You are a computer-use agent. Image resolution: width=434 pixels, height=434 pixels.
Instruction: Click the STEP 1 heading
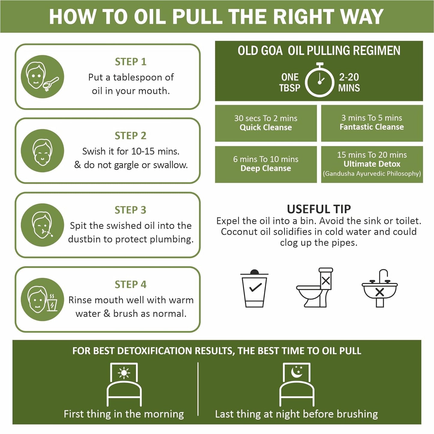tap(131, 62)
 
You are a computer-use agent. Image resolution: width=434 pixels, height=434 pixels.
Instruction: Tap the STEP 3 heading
tap(130, 210)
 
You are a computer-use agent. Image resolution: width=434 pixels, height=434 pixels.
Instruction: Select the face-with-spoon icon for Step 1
tap(42, 77)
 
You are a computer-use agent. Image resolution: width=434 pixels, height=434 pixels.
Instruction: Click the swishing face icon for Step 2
tap(42, 151)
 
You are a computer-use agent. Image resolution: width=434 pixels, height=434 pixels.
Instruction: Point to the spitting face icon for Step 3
tap(42, 225)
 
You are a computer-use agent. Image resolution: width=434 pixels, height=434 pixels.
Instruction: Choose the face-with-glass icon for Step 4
tap(42, 299)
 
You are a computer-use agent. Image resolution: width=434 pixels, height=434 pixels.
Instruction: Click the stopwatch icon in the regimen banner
tap(320, 80)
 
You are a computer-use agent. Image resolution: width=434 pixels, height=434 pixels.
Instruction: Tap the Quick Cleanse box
tap(266, 123)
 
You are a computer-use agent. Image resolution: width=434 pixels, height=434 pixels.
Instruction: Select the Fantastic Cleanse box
tap(372, 123)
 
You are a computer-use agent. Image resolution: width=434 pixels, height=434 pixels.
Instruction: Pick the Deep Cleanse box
tap(266, 164)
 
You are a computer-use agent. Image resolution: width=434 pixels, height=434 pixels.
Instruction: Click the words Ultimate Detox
tap(372, 164)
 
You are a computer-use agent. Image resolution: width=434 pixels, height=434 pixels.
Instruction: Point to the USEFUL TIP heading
tap(319, 209)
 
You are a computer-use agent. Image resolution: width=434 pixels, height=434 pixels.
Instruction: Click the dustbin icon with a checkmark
tap(254, 288)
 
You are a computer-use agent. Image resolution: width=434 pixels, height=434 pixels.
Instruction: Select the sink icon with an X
tap(380, 288)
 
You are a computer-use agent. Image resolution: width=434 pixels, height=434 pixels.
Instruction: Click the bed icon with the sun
tap(124, 384)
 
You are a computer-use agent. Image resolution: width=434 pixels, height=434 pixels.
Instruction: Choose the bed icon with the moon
tap(297, 384)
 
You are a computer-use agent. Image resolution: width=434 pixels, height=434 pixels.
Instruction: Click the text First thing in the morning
tap(124, 414)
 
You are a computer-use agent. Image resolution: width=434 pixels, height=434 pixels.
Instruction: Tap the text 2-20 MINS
tap(349, 82)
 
